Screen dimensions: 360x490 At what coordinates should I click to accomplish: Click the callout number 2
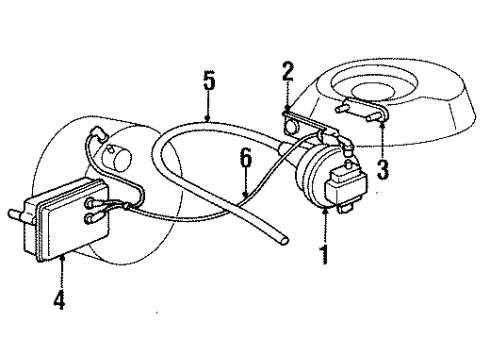(286, 72)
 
